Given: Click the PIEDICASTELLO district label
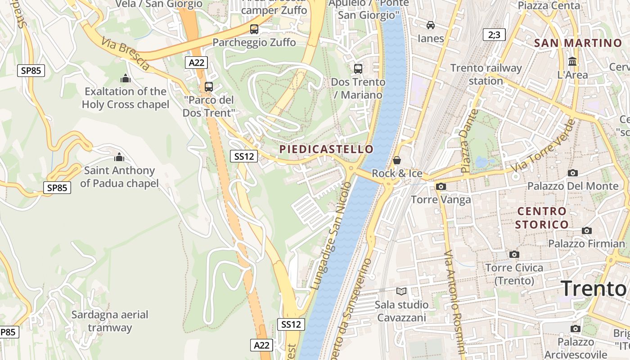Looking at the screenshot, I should (x=326, y=149).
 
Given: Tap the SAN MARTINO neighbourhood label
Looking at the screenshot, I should (x=578, y=43).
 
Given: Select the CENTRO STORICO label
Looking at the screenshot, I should (x=542, y=218).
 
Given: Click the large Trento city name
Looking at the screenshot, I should (x=594, y=288).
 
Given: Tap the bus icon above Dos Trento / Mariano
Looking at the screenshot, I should (x=358, y=69).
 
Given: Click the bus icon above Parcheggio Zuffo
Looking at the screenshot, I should (x=254, y=30).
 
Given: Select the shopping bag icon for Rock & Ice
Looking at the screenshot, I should (x=397, y=160).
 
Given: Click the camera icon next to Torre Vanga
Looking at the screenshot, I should (x=441, y=186).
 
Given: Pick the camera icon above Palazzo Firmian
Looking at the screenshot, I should (x=587, y=230).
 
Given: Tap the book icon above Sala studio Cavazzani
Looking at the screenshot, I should (x=401, y=291).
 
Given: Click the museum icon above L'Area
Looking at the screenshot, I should (x=572, y=61).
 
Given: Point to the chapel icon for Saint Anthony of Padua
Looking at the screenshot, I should (x=119, y=157).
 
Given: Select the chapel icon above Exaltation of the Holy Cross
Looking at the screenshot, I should (x=126, y=78).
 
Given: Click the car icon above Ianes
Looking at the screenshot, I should (x=431, y=25).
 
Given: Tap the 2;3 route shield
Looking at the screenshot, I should (x=494, y=35).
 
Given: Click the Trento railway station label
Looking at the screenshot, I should (x=486, y=75).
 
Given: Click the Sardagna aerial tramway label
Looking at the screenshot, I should (x=110, y=321).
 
